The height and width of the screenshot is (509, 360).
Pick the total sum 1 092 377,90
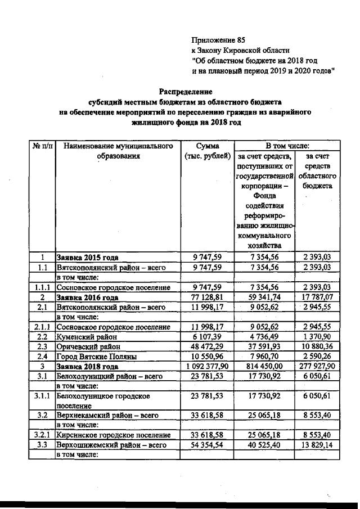coord(205,366)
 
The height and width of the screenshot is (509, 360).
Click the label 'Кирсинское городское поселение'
coord(113,435)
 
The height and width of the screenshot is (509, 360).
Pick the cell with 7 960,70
coord(262,356)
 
